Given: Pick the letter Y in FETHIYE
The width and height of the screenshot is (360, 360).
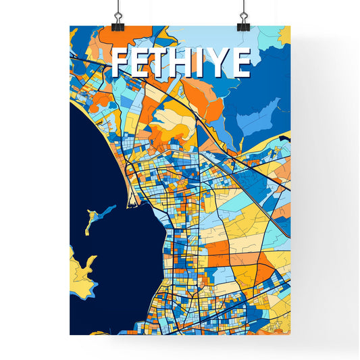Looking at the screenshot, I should click(x=220, y=63).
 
